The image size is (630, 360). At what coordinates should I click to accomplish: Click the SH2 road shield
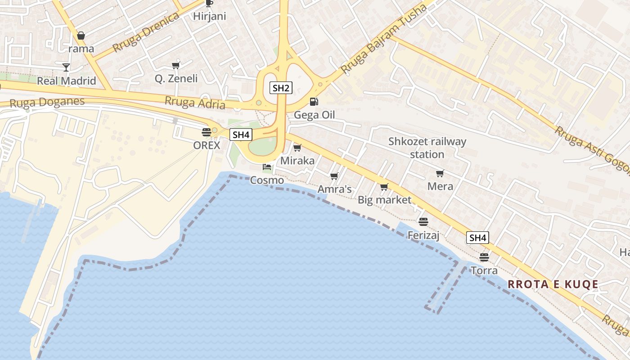point(281,88)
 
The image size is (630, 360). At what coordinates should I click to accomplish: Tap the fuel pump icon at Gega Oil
point(314,102)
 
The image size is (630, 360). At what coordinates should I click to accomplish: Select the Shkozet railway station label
point(427,148)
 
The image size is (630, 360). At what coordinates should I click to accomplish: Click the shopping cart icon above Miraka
point(297,148)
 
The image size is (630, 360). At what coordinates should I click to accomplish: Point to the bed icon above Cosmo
point(267,167)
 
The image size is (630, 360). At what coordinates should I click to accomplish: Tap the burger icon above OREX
point(207,132)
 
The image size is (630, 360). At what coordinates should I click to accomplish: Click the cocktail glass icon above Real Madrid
point(66,67)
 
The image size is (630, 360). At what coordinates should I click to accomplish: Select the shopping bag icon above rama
point(81,36)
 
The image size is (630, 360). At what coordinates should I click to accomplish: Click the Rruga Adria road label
point(195,103)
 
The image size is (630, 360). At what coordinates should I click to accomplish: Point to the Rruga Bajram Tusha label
point(384,40)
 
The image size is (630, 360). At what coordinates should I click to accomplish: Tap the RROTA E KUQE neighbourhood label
point(553,284)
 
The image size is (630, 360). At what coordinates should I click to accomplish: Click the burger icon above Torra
point(484,257)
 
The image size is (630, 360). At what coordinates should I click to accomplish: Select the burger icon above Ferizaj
point(423,222)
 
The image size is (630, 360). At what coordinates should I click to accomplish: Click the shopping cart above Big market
point(384,187)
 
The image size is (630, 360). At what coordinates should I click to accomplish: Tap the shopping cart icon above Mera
point(440,173)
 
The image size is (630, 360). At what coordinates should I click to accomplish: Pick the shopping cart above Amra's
point(334,176)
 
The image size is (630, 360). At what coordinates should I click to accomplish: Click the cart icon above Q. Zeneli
point(176,65)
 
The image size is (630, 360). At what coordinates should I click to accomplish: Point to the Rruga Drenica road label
point(146,32)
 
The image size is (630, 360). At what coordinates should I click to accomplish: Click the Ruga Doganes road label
point(47,102)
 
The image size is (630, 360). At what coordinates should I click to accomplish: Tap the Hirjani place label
point(209,17)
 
